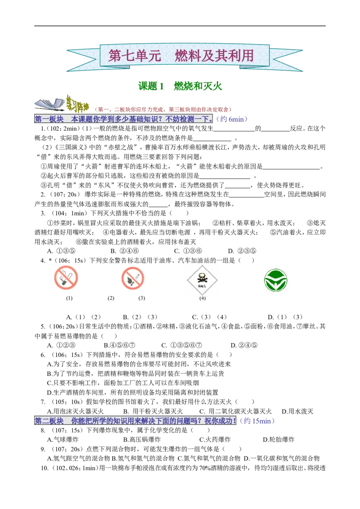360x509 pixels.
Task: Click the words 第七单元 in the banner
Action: pyautogui.click(x=134, y=56)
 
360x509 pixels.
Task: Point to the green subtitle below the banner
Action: pyautogui.click(x=180, y=86)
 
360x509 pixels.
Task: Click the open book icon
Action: pyautogui.click(x=49, y=104)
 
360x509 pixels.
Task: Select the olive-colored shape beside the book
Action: pyautogui.click(x=77, y=104)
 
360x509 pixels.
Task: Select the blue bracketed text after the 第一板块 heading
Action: pyautogui.click(x=232, y=119)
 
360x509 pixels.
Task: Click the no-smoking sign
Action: pyautogui.click(x=66, y=279)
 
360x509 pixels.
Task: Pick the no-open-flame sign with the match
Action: pyautogui.click(x=131, y=279)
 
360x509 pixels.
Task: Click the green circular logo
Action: pyautogui.click(x=275, y=280)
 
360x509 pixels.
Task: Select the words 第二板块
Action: pyautogui.click(x=49, y=421)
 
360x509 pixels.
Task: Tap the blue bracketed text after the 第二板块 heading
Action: pyautogui.click(x=257, y=421)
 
